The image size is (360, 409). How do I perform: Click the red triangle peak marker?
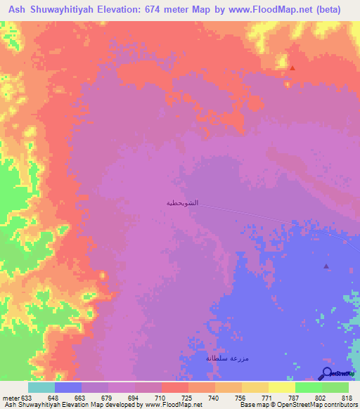[292, 68]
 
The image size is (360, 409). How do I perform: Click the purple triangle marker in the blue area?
[326, 266]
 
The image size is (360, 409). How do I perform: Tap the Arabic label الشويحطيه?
[182, 202]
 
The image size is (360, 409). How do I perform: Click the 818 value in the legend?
[347, 396]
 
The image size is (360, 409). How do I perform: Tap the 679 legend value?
[107, 396]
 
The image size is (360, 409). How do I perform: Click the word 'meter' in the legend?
[9, 396]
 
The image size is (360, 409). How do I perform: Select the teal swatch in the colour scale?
[41, 387]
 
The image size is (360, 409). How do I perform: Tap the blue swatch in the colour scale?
[67, 387]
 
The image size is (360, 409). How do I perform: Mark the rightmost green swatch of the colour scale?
[335, 387]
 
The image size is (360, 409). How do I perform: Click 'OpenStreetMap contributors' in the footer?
[317, 405]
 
